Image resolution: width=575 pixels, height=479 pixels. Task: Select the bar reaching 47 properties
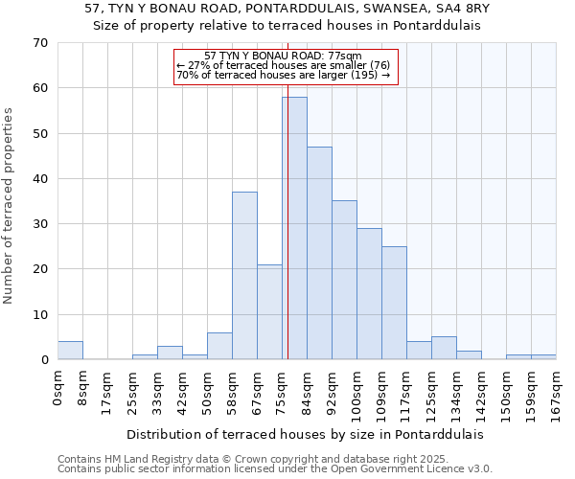(x=319, y=253)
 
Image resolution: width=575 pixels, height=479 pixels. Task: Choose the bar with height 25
(x=394, y=303)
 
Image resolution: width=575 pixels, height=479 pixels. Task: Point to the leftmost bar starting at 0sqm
(x=70, y=351)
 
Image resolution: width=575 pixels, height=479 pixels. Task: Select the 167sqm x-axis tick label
(x=557, y=392)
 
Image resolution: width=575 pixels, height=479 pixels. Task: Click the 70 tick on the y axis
(x=39, y=43)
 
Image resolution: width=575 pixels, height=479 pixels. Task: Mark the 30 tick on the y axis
(x=39, y=224)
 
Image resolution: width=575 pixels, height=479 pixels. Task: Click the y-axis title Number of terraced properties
(x=10, y=206)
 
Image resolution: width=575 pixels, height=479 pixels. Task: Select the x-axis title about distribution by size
(x=305, y=434)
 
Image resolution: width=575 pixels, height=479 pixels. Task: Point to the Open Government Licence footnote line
(x=275, y=468)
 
